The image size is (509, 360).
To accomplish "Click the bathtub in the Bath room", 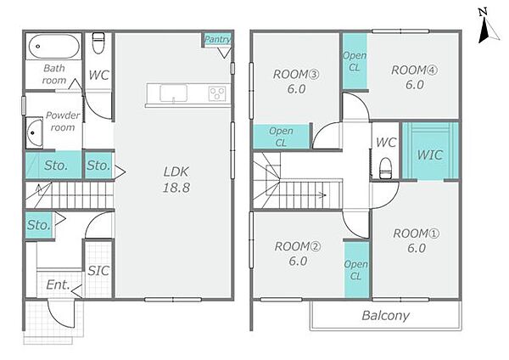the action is [54, 46].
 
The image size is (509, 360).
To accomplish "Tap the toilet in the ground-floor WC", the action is [98, 42].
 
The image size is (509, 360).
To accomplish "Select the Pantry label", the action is [217, 40].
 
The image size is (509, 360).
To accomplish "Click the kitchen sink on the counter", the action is [173, 93].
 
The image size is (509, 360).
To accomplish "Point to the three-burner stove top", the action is [217, 93].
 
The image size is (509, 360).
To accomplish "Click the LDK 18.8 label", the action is [176, 180].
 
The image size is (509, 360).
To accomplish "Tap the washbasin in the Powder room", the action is [34, 133].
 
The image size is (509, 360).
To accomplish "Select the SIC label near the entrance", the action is [98, 270].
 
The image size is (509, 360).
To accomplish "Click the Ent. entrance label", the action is [58, 285].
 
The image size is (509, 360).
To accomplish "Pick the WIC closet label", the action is [430, 155].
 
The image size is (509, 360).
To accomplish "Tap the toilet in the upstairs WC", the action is [386, 168].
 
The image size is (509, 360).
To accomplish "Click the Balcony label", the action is [386, 316].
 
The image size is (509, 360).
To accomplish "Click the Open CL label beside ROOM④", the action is [355, 61].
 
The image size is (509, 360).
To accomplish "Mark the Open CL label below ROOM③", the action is [281, 137].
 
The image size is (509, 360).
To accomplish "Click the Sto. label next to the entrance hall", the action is [39, 225].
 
